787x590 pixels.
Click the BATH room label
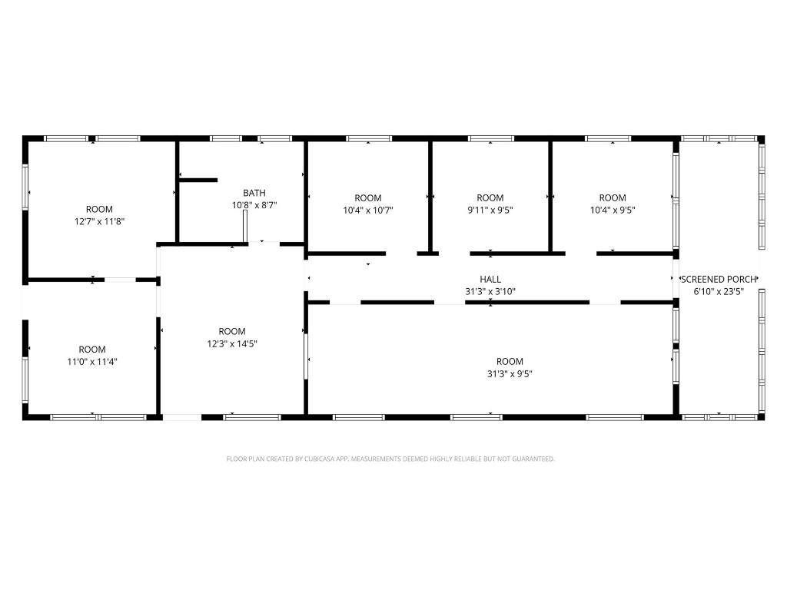pos(254,193)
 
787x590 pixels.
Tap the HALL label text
pos(490,280)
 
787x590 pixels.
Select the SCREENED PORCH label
pos(719,280)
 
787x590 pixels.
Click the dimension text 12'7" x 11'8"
pos(99,221)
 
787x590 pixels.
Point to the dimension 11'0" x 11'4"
pos(92,362)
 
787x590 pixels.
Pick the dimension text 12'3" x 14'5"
pos(232,343)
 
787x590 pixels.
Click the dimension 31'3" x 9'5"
pos(510,374)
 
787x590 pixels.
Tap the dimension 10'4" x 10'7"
pos(368,210)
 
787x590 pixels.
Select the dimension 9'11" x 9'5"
pos(490,210)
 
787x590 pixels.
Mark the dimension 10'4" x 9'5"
pos(613,210)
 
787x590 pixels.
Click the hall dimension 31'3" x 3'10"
pos(490,291)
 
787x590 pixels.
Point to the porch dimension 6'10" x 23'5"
pos(719,291)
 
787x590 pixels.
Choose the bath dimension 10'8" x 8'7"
pos(254,205)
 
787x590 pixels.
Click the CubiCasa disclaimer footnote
pos(390,459)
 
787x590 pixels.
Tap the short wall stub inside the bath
pos(198,180)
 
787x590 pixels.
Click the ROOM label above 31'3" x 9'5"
pos(510,361)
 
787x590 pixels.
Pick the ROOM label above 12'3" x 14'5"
pos(232,331)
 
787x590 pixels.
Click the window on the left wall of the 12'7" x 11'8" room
pos(25,187)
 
